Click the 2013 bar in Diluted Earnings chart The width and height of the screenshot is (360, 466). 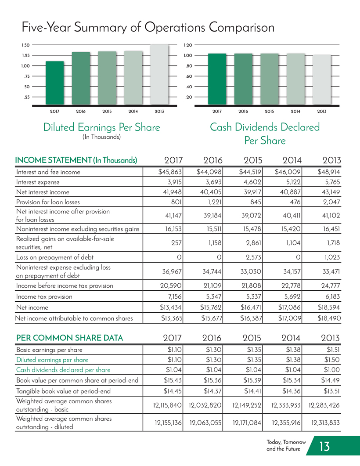[x=159, y=75]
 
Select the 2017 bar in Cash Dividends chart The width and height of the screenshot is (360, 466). [x=217, y=79]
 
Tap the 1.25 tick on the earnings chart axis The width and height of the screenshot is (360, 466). [x=25, y=55]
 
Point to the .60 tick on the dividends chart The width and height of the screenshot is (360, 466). [x=188, y=76]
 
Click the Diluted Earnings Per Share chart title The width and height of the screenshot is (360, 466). [x=101, y=127]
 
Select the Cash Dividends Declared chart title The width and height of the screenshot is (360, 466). [x=265, y=134]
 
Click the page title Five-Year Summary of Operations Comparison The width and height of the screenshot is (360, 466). [x=148, y=27]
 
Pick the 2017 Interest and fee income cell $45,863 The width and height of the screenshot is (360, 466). [x=170, y=172]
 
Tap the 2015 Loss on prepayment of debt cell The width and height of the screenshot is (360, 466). [x=253, y=257]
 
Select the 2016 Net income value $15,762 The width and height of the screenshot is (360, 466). [x=211, y=307]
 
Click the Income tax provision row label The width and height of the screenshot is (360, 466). [x=44, y=296]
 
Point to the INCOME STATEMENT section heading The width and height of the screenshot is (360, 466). [x=76, y=160]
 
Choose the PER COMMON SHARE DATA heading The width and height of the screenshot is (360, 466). [x=69, y=338]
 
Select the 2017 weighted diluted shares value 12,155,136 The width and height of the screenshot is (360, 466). [x=168, y=423]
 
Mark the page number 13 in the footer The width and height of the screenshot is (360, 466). [x=324, y=446]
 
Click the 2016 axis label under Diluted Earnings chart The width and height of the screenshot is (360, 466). [x=81, y=112]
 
